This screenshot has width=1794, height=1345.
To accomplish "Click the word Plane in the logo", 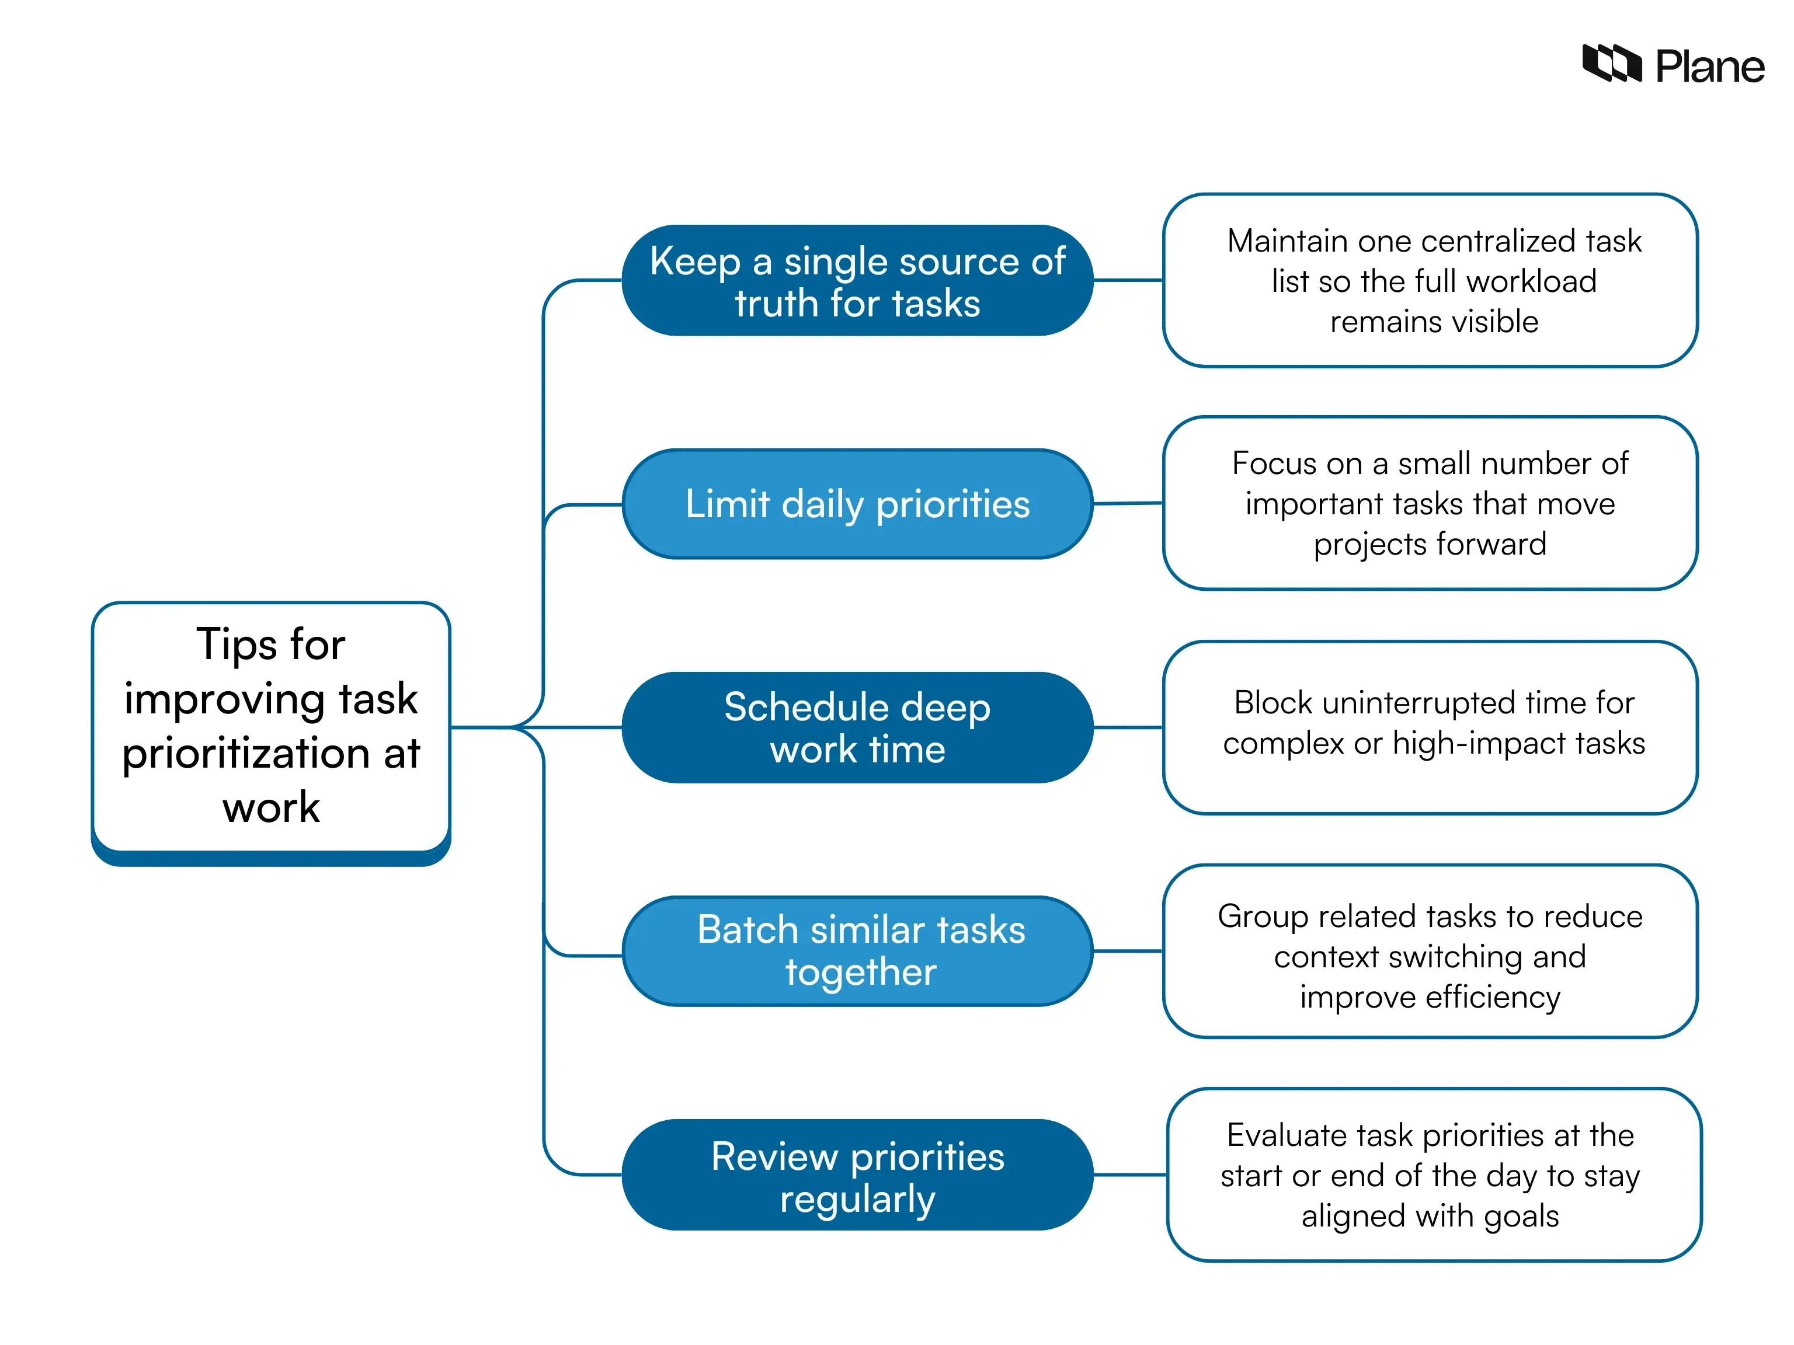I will click(x=1709, y=67).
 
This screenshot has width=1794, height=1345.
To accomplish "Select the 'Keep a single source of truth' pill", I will click(x=857, y=281).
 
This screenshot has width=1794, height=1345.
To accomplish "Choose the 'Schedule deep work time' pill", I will click(x=857, y=727).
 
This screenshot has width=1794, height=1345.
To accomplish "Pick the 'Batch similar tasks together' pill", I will click(x=857, y=951).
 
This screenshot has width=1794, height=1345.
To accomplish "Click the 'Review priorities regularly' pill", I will click(x=857, y=1175).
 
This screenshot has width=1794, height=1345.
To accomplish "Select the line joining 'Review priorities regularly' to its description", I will click(x=1129, y=1175).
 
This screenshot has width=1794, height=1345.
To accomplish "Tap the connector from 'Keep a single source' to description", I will click(x=1127, y=281).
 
